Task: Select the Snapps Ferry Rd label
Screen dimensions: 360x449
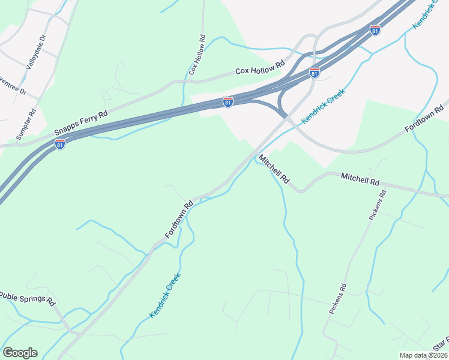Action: coord(80,122)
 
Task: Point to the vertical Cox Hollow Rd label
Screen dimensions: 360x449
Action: coord(197,55)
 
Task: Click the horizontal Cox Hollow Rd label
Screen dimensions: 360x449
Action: coord(259,68)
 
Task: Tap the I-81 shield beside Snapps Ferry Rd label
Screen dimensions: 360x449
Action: coord(60,144)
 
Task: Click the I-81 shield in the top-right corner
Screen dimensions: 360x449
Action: coord(375,30)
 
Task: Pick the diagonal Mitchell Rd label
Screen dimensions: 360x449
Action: coord(274,170)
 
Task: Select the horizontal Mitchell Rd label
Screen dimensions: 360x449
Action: coord(360,179)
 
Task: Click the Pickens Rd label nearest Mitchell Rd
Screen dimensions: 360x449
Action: coord(378,205)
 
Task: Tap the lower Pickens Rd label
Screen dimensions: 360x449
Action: coord(338,299)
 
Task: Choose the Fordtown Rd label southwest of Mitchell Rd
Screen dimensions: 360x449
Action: coord(179,219)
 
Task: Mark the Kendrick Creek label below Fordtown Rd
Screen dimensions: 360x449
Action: coord(165,296)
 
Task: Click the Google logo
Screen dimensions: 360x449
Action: coord(20,353)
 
